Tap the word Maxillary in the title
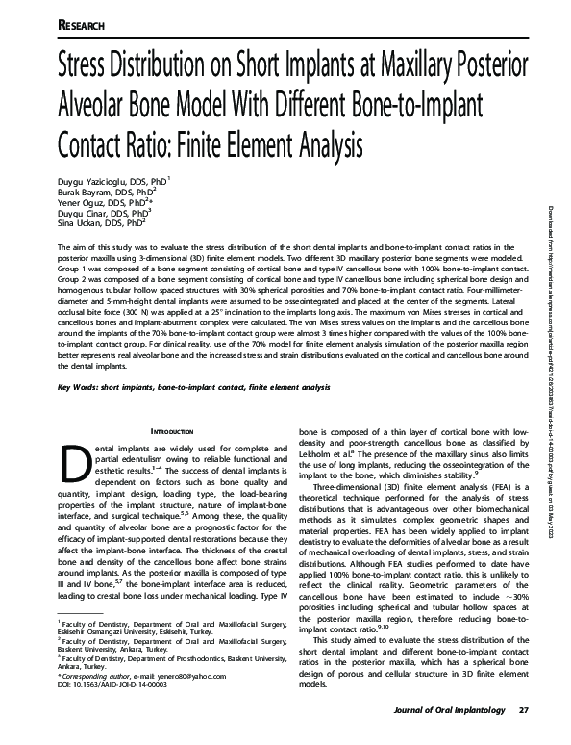tap(408, 70)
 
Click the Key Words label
tap(84, 387)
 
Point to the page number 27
tap(523, 737)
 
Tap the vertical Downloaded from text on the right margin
tap(556, 289)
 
